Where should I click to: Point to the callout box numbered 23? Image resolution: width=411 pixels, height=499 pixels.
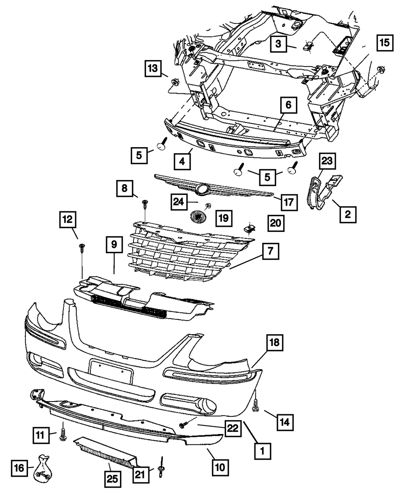click(329, 161)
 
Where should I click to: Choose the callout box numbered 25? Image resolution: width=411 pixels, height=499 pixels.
click(113, 478)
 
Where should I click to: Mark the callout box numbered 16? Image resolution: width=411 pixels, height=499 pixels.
click(19, 467)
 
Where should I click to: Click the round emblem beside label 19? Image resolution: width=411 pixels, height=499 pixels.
click(198, 217)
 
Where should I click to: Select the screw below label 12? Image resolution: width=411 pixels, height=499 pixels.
click(82, 247)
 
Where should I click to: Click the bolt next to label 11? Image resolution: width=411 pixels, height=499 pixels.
click(63, 434)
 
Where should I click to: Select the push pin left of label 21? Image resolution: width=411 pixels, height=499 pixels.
click(161, 471)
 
